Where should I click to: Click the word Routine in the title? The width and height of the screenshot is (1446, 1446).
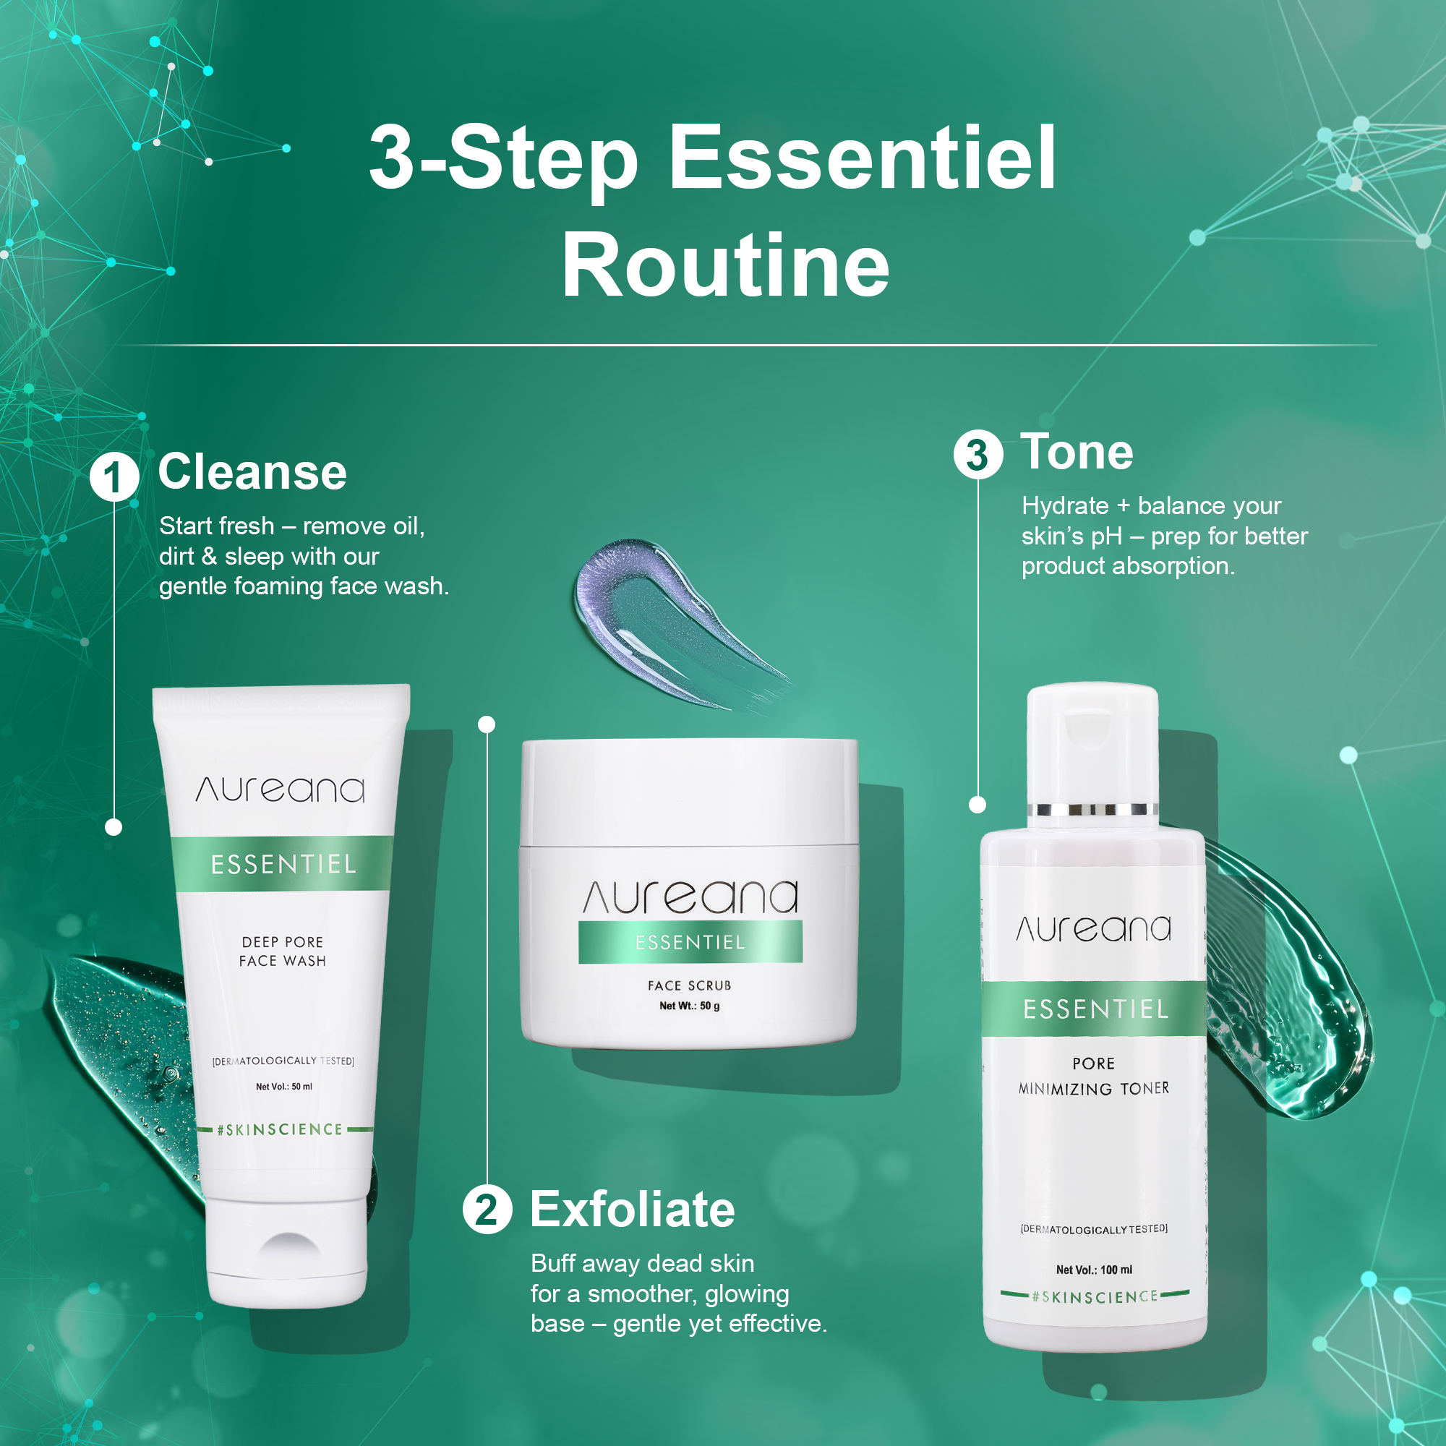725,265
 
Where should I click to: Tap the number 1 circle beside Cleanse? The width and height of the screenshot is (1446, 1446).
114,477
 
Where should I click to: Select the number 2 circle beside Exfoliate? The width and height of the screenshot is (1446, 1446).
487,1209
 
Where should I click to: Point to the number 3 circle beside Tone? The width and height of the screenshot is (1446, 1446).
977,454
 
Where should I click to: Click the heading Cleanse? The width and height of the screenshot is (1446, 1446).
252,472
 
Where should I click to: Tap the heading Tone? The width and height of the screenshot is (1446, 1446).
1077,452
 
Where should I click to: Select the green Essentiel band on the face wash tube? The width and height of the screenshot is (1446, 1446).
283,864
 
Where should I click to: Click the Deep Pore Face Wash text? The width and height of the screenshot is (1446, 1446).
283,951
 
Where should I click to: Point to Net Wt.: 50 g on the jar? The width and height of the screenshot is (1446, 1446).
689,1006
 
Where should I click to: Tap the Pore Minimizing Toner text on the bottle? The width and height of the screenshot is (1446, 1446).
1093,1076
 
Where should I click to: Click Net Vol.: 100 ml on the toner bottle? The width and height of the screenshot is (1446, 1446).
1093,1270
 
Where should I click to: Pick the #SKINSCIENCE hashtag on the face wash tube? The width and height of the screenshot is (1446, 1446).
279,1129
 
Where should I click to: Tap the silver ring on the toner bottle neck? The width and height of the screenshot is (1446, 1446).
1092,809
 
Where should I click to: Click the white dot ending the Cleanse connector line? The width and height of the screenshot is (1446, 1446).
114,827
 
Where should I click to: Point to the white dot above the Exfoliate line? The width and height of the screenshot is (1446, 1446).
487,724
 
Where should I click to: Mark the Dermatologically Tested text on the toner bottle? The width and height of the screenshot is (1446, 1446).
1093,1229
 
